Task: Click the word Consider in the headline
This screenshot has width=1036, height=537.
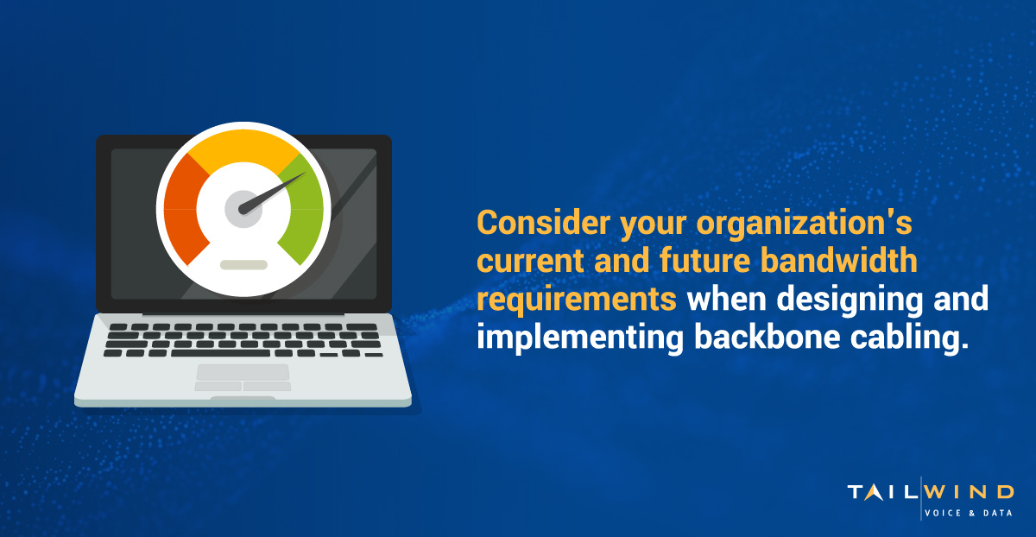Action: (x=543, y=223)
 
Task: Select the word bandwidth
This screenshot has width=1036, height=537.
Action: (x=838, y=261)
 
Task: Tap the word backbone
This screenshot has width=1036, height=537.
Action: (x=767, y=337)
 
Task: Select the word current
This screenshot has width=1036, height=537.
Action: (x=530, y=262)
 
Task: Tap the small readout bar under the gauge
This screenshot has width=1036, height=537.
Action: (x=243, y=264)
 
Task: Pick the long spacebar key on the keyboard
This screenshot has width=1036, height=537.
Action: (x=220, y=353)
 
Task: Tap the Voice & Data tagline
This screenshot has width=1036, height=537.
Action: (x=969, y=513)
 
